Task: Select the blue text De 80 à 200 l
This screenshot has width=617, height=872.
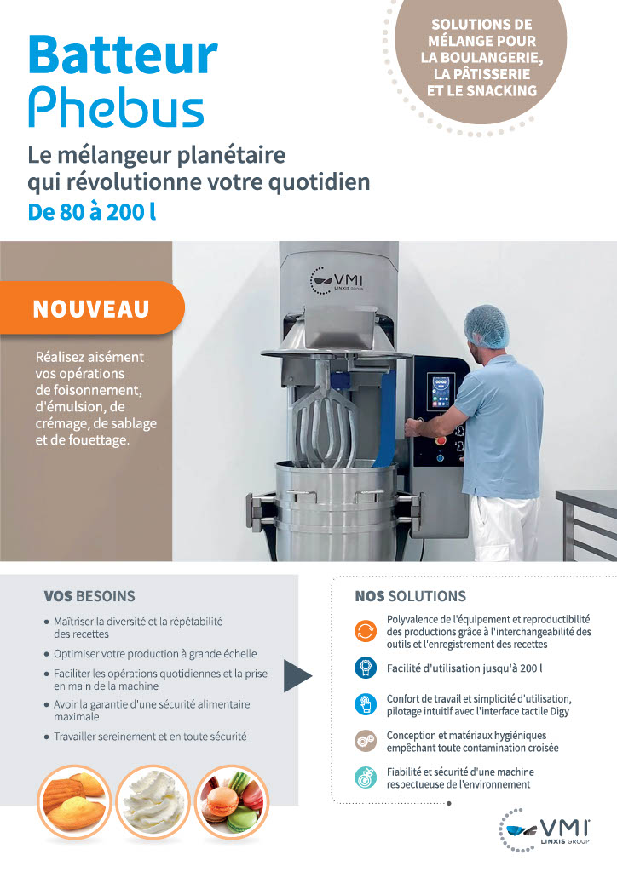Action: [x=92, y=212]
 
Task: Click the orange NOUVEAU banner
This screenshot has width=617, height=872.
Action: [x=91, y=307]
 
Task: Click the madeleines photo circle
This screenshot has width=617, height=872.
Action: [x=75, y=803]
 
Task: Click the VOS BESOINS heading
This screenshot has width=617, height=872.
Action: [x=89, y=596]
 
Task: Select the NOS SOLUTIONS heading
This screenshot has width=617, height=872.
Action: [x=411, y=596]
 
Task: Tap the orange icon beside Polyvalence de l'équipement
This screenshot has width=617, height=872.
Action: [x=366, y=631]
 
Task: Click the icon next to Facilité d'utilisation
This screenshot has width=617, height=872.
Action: [x=366, y=668]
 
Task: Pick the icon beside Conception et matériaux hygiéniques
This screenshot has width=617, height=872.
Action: [x=366, y=741]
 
